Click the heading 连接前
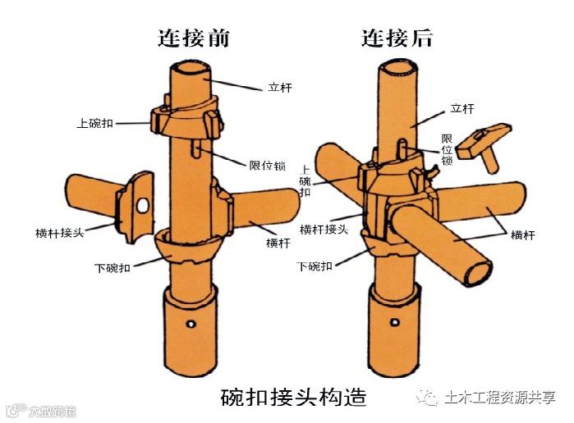[x=193, y=38]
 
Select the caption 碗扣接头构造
[x=293, y=398]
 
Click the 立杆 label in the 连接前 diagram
[x=280, y=86]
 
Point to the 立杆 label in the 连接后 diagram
[x=463, y=108]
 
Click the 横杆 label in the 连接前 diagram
[x=277, y=242]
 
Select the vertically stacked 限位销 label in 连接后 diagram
[x=448, y=150]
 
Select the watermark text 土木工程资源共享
[x=499, y=398]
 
